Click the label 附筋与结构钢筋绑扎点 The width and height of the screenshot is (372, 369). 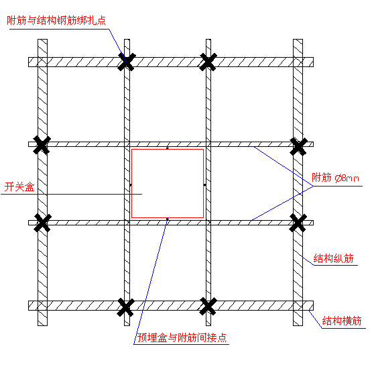(x=56, y=20)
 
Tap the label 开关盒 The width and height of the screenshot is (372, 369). (x=19, y=187)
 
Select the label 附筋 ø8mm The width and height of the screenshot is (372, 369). (x=335, y=178)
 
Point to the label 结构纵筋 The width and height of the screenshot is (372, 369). (x=334, y=258)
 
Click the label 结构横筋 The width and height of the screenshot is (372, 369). (x=342, y=321)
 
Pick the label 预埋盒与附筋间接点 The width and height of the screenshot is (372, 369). (x=182, y=337)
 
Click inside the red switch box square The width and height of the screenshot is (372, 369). (x=168, y=183)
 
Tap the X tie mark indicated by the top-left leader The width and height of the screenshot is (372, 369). (x=127, y=62)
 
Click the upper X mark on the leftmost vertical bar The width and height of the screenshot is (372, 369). (x=42, y=145)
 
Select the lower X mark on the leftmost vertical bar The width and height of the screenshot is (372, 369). (x=42, y=223)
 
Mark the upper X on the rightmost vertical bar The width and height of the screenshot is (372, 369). (x=298, y=146)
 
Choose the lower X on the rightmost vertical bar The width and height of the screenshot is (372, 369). (x=298, y=223)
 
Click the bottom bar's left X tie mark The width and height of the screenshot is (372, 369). (x=125, y=307)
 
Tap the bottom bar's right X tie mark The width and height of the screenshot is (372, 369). (x=208, y=307)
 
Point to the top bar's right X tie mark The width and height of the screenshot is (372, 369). (x=208, y=62)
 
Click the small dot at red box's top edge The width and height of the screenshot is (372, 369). (x=168, y=148)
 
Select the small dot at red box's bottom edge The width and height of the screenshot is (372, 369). (x=168, y=219)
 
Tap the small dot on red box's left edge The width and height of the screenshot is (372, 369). (x=131, y=184)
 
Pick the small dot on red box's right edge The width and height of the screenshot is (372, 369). (x=204, y=184)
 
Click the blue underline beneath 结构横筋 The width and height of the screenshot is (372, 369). (x=344, y=328)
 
